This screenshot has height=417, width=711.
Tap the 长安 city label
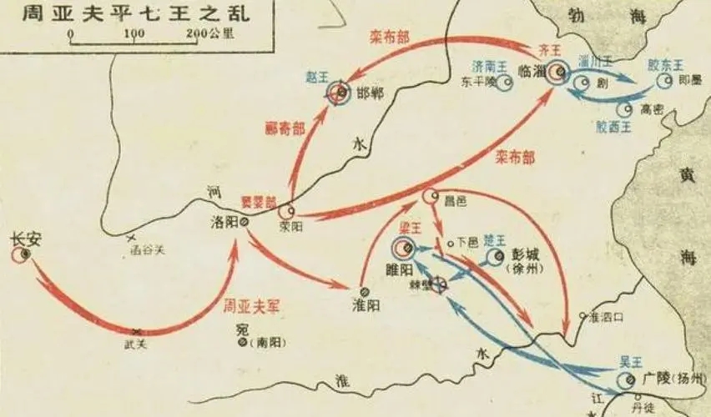click(25, 236)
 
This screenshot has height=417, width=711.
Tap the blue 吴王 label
click(630, 360)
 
